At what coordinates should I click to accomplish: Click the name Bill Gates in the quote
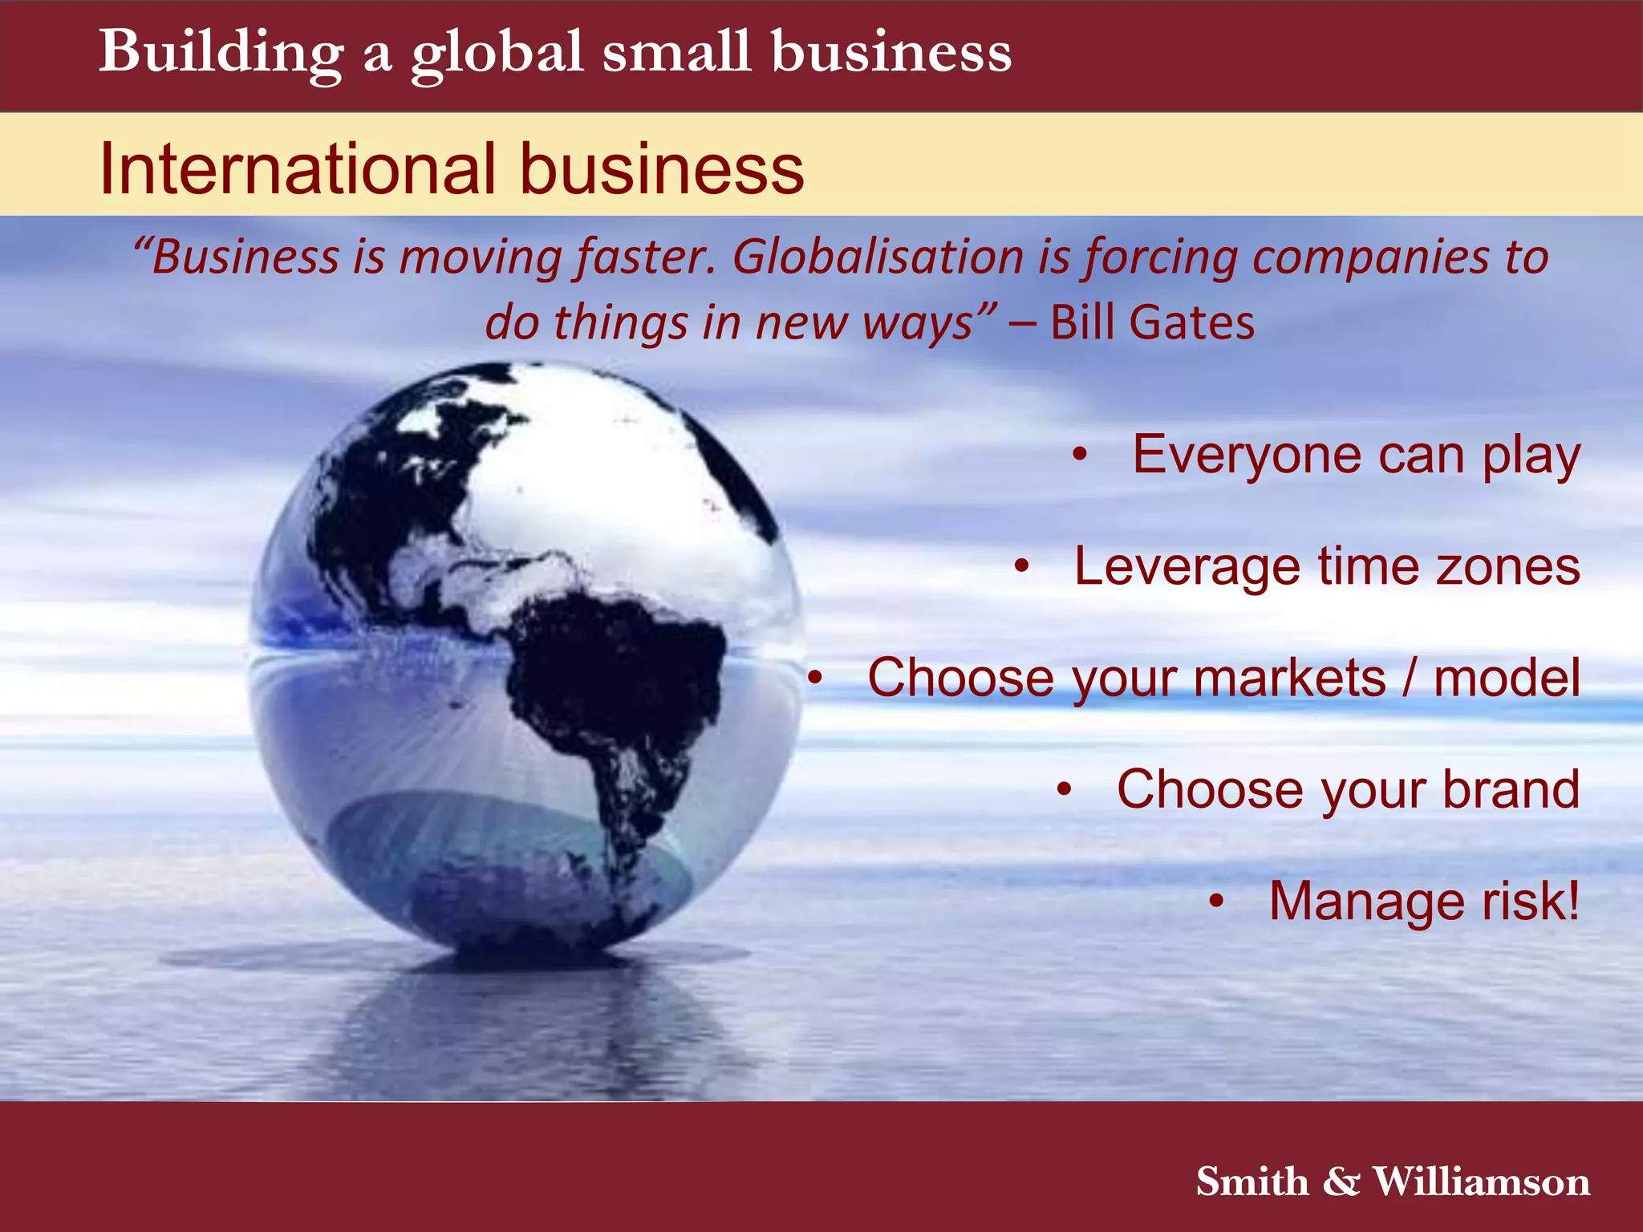(1152, 322)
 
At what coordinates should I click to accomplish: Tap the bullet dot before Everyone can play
(1081, 455)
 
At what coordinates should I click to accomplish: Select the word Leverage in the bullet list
(1187, 566)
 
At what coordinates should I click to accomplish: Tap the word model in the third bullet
(1507, 678)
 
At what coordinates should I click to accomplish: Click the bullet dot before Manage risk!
(1217, 902)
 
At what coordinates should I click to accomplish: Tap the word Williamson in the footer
(1481, 1181)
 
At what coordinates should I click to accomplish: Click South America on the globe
(618, 690)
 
